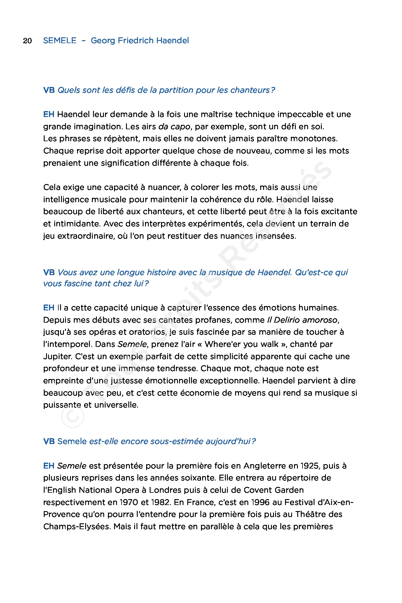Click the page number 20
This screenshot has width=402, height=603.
tap(27, 41)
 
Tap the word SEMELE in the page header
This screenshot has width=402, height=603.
tap(60, 41)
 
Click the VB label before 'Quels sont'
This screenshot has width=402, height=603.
tap(49, 90)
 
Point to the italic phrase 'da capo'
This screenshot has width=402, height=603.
tap(174, 127)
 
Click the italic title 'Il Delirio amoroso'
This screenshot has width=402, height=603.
tap(302, 320)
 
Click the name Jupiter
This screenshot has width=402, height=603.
tap(58, 356)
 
